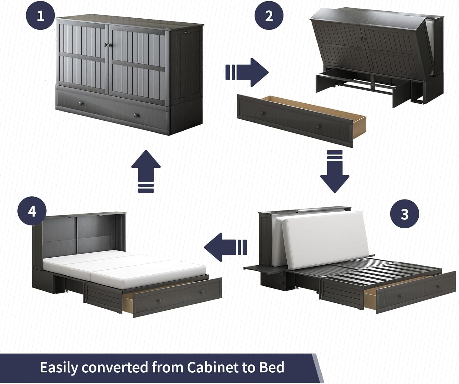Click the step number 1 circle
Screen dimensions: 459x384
pos(40,16)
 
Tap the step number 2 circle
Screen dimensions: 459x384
pos(269,16)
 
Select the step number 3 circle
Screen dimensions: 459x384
pos(405,214)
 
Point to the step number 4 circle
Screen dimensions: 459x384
pos(32,211)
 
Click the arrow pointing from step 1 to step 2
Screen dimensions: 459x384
pos(247,72)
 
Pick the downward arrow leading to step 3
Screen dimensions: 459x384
pos(334,172)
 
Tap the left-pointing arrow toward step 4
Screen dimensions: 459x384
pos(226,247)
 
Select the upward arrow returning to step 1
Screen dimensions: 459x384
pos(146,172)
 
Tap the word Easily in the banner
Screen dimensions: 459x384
pos(59,368)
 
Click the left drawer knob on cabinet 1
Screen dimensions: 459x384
pos(81,103)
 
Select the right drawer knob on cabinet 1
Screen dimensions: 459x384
pos(136,115)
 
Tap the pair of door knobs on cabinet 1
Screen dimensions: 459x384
pos(107,45)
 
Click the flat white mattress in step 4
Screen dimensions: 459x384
pos(124,267)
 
